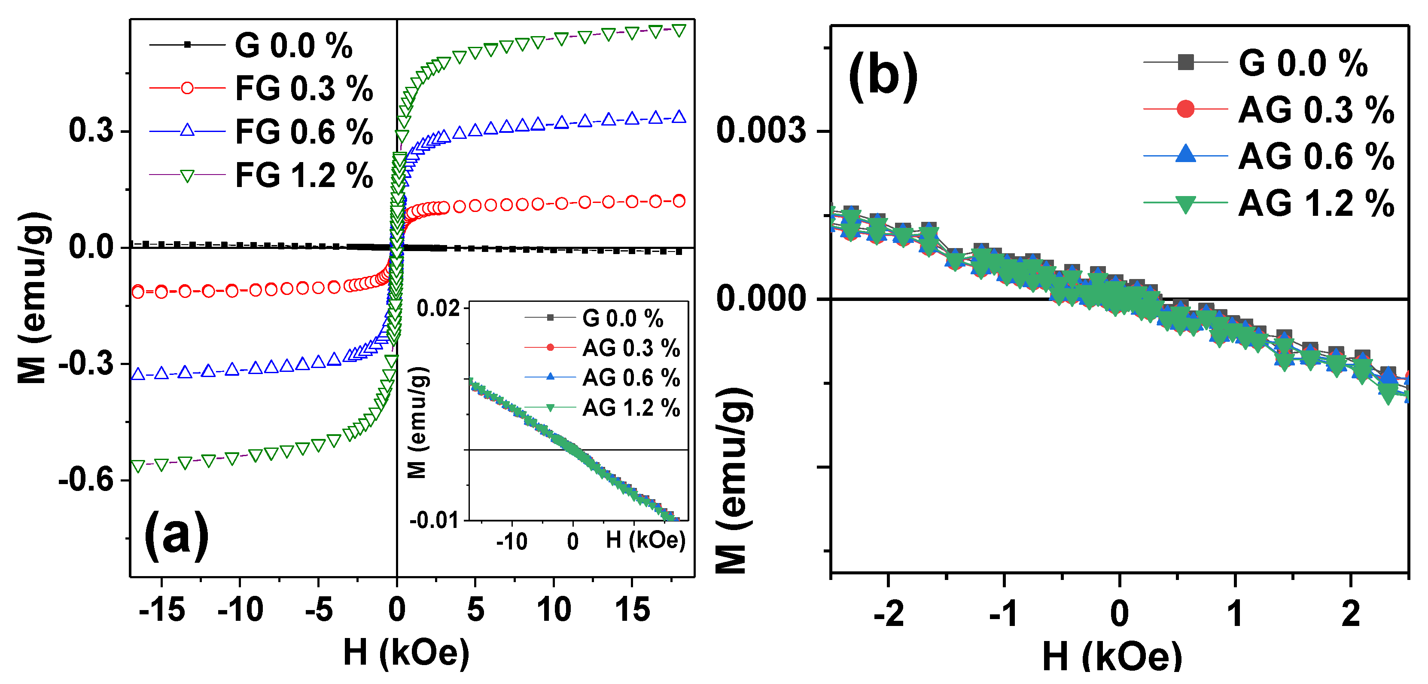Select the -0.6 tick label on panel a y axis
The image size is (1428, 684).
pos(85,479)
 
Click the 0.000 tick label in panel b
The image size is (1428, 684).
pos(760,298)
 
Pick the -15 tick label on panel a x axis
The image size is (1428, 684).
pos(161,610)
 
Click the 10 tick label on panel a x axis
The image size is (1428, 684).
pos(553,610)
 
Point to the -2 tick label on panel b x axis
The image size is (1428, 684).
pos(888,614)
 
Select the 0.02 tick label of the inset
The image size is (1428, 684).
pos(438,308)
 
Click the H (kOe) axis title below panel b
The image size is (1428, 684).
pos(1111,657)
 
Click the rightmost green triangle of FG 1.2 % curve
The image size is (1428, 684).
pos(679,30)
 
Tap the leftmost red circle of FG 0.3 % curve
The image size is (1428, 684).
pos(137,291)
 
